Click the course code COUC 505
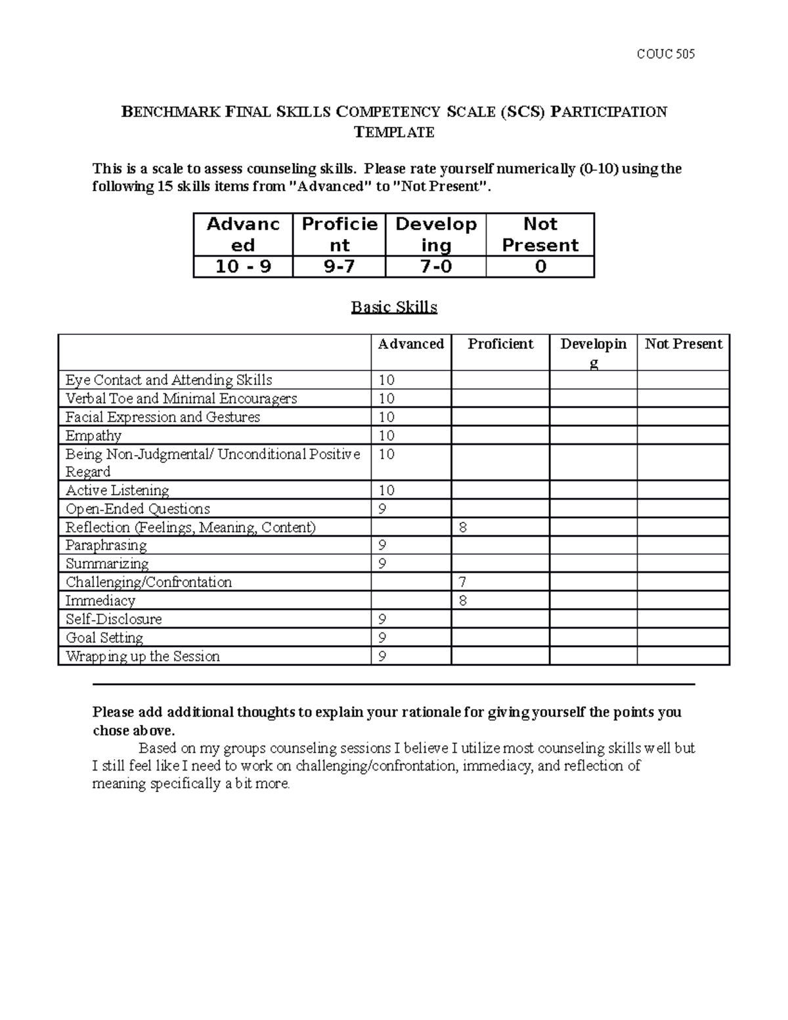665,54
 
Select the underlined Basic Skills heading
394,307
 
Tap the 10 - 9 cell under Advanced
243,267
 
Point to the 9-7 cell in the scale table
339,267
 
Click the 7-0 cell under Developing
435,267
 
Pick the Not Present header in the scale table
540,234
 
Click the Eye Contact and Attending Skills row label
169,380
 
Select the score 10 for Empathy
387,435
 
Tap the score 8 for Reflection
463,527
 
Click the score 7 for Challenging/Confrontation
463,582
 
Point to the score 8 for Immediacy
463,600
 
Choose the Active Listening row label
118,491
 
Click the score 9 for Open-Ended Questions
383,509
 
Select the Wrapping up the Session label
142,656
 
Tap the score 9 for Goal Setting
383,638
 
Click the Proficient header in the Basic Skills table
500,344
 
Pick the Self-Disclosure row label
114,619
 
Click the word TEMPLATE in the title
394,132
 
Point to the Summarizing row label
107,564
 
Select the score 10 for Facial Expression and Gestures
387,417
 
